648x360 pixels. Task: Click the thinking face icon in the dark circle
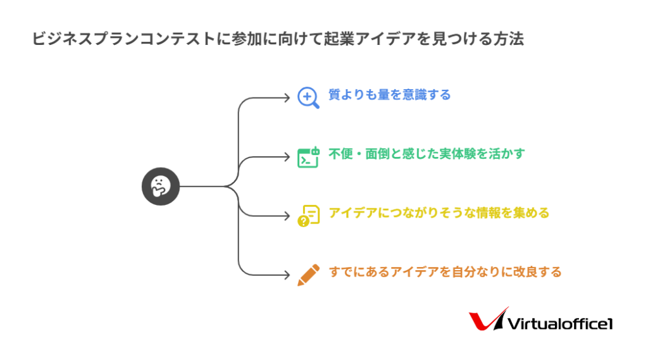tap(160, 187)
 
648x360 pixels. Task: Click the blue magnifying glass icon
tap(308, 97)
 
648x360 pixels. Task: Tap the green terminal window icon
tap(308, 156)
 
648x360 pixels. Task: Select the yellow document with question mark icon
tap(308, 215)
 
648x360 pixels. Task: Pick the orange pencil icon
tap(308, 275)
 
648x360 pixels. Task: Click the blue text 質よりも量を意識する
tap(389, 95)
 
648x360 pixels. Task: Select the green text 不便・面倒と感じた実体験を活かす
tap(427, 154)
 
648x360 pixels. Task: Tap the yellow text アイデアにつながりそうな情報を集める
tap(439, 213)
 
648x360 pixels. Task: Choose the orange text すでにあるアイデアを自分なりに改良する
tap(445, 272)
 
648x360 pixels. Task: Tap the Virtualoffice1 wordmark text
tap(561, 323)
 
